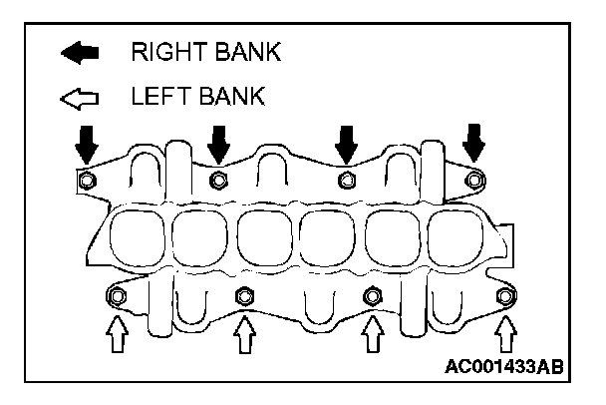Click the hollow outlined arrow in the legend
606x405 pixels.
click(x=79, y=98)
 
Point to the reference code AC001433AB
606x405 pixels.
click(x=502, y=367)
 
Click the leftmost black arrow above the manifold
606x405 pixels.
click(x=88, y=145)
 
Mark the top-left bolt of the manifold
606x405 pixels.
click(x=87, y=181)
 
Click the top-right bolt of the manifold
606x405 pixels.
click(x=474, y=180)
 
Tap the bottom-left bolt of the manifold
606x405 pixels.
click(x=118, y=296)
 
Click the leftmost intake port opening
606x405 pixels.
click(x=137, y=238)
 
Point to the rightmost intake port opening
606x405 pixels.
click(x=460, y=238)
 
